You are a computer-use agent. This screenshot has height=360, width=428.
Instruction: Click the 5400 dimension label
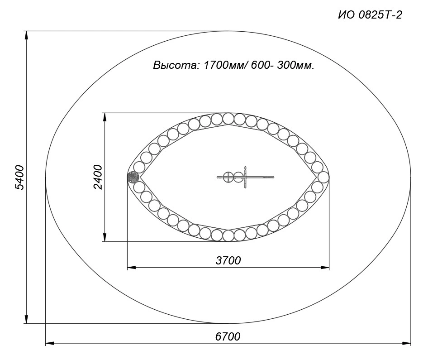tap(20, 177)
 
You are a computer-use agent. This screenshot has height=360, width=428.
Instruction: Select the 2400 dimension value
tap(98, 177)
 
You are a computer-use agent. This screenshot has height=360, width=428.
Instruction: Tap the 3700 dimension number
tap(228, 260)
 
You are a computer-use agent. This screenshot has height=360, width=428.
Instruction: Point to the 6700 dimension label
tap(228, 336)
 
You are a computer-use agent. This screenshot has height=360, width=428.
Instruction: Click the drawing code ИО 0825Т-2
tap(370, 15)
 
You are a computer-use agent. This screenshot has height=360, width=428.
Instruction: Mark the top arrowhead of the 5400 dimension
tap(27, 35)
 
